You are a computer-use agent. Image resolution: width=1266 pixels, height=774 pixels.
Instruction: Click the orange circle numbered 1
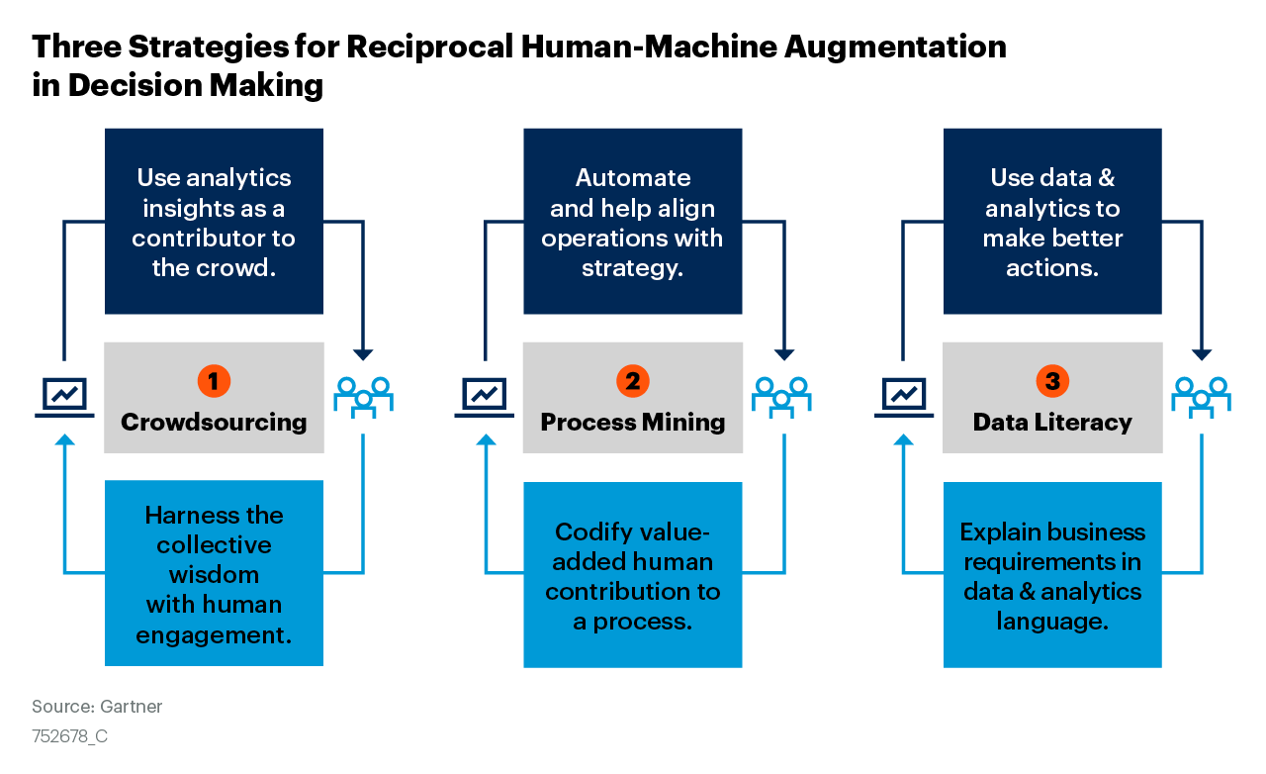(x=214, y=380)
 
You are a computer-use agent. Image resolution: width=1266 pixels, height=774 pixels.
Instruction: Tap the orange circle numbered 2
(x=633, y=380)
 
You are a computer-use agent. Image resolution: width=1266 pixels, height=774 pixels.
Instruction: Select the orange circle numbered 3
(x=1052, y=380)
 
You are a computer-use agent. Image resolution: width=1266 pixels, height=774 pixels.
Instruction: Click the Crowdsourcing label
(x=214, y=423)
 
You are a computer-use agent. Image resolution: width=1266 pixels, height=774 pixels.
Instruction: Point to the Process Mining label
(x=633, y=423)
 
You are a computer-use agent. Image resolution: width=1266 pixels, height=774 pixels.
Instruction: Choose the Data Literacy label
(x=1052, y=423)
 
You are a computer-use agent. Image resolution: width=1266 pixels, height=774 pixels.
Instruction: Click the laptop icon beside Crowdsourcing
(x=65, y=397)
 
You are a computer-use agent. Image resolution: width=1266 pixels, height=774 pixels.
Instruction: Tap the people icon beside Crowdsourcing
(x=363, y=395)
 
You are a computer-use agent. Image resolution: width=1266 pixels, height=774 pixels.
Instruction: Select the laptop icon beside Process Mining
(x=485, y=397)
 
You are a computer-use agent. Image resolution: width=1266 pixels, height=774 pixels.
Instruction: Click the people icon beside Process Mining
(x=782, y=395)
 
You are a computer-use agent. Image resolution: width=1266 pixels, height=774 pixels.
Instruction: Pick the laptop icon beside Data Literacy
(x=904, y=397)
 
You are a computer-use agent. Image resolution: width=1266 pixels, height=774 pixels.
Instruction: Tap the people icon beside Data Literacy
(x=1202, y=395)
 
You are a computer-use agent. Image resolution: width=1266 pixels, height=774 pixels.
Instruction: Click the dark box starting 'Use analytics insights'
(x=214, y=222)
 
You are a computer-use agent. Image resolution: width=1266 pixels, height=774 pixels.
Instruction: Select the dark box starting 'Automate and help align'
(x=633, y=222)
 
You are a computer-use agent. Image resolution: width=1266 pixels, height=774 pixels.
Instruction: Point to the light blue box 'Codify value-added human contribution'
(x=633, y=575)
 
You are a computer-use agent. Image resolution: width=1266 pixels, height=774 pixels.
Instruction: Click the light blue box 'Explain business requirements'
(x=1052, y=575)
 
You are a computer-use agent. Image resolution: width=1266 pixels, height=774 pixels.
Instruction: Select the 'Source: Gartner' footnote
(x=97, y=707)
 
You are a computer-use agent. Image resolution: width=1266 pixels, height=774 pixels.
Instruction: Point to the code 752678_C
(x=70, y=737)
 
